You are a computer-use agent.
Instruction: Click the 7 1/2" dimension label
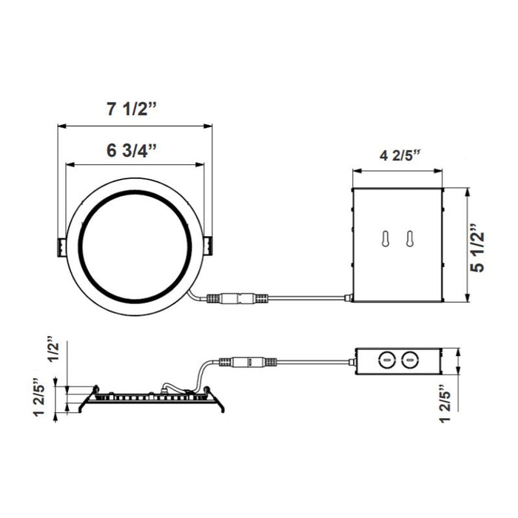tap(132, 110)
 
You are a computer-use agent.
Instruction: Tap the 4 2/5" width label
tap(400, 156)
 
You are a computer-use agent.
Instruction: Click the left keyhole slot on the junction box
tap(385, 239)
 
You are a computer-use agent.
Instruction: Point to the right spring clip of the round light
tap(209, 246)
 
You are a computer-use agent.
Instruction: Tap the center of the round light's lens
tap(135, 246)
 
